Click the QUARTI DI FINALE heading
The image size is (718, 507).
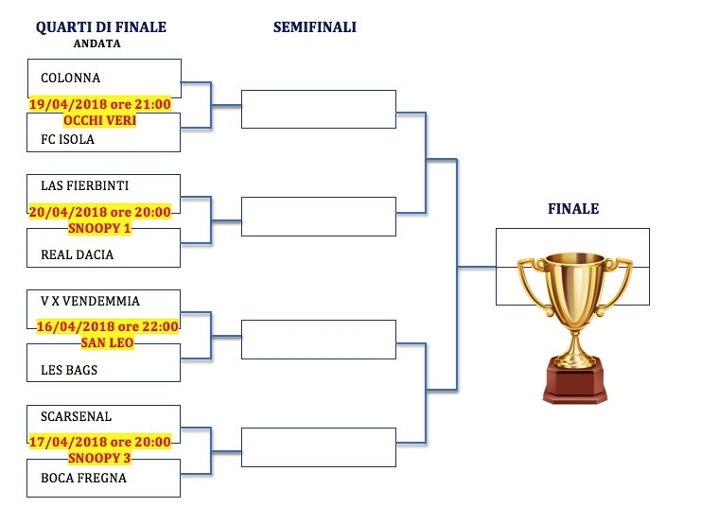tap(101, 27)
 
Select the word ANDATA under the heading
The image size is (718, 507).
tap(97, 44)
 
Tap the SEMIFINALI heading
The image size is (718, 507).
tap(315, 27)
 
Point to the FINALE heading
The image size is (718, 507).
tap(573, 209)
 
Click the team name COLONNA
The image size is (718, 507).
tap(71, 78)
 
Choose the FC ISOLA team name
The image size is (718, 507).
tap(67, 139)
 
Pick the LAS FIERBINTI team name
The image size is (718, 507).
tap(85, 185)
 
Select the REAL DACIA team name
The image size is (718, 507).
tap(77, 254)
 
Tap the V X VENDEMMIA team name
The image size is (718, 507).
tap(90, 301)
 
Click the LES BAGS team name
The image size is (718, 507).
tap(69, 370)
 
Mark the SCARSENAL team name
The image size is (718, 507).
tap(76, 416)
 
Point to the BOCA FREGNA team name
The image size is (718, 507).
tap(83, 478)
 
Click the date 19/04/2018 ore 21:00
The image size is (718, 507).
tap(100, 104)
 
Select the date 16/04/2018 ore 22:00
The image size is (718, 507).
tap(107, 326)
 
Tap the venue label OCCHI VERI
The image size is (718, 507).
tap(100, 120)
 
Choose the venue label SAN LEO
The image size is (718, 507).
tap(107, 342)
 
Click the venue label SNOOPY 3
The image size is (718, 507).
tap(99, 458)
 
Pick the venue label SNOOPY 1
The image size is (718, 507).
tap(99, 228)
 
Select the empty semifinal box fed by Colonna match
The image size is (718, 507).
tap(319, 110)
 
